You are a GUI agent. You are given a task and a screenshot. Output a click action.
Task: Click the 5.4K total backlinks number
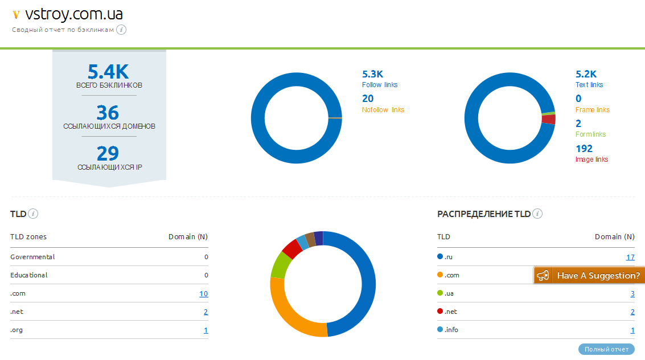(108, 72)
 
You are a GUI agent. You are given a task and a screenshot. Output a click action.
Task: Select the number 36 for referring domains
(108, 112)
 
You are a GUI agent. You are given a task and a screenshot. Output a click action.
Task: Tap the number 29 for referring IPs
(108, 153)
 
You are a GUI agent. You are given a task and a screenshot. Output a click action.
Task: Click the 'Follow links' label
(380, 85)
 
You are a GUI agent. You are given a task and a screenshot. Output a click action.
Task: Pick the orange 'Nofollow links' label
(383, 110)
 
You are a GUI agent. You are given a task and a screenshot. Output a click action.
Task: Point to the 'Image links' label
(591, 159)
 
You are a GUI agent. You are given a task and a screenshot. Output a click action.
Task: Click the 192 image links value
(584, 149)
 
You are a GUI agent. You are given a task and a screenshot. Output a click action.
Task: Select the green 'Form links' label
(590, 134)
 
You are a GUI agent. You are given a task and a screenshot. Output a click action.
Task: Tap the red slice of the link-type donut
(549, 120)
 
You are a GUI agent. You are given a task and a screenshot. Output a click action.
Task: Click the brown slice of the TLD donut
(310, 238)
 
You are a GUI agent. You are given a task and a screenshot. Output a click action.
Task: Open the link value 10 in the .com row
(203, 294)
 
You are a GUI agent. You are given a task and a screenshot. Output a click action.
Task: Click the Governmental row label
(32, 257)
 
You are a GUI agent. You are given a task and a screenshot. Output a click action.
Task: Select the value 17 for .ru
(630, 257)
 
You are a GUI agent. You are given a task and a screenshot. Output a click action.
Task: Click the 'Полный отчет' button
(606, 349)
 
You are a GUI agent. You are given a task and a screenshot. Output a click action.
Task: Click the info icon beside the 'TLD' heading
(34, 214)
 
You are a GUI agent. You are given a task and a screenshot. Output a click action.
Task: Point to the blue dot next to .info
(440, 330)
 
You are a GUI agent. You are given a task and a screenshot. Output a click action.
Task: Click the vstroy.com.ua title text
(74, 14)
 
